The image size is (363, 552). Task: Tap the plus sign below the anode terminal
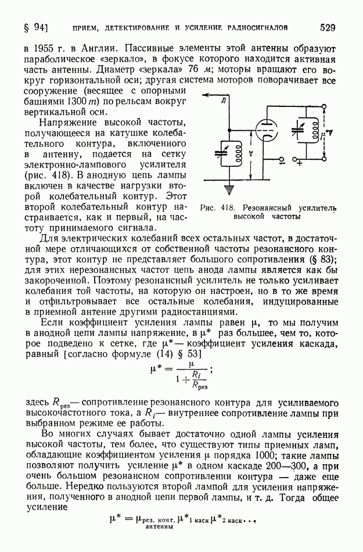300,164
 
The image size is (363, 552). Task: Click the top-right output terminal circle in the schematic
323,107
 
